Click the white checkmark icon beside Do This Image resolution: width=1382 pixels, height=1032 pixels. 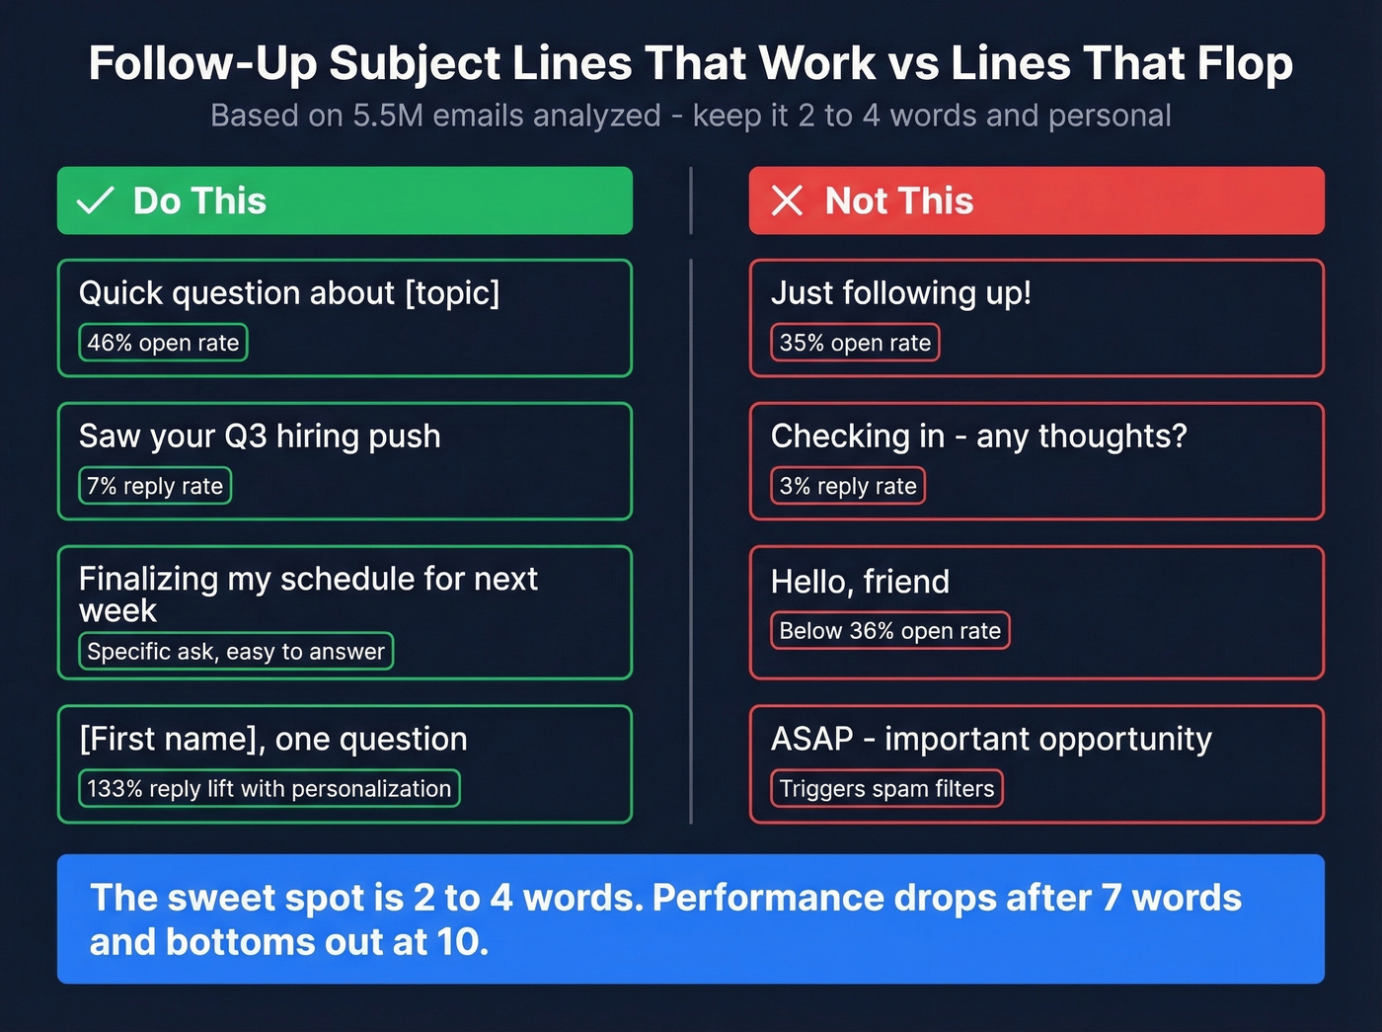[96, 200]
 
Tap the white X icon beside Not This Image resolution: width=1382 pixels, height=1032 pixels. [787, 200]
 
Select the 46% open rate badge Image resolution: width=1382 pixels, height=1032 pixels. [163, 343]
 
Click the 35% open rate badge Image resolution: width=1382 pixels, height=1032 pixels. [855, 343]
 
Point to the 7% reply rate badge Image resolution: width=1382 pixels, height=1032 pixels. [155, 486]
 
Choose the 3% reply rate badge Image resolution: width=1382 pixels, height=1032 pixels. [848, 486]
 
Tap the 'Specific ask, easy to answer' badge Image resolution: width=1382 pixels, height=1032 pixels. [236, 652]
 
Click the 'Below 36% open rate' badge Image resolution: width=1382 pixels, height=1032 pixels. [889, 631]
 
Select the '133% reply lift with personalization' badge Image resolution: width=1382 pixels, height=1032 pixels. [269, 789]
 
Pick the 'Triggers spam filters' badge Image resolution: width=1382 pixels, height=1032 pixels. [886, 789]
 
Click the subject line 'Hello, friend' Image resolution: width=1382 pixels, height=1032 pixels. [860, 582]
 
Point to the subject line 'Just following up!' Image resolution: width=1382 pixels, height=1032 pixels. [900, 293]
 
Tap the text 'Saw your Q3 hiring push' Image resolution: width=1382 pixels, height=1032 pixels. [260, 437]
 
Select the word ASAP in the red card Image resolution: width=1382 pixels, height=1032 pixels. [811, 739]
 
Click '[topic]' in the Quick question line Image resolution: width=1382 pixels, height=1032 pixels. [452, 293]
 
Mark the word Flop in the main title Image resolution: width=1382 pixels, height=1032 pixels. [1245, 63]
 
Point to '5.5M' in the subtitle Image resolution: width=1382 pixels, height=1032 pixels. [388, 116]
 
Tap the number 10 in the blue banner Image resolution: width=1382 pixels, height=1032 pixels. [460, 942]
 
